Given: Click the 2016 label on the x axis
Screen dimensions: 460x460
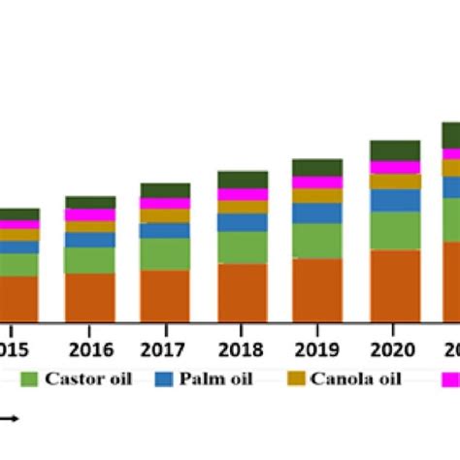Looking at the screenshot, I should [x=90, y=349].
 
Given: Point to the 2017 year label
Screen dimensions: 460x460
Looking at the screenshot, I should [x=166, y=349].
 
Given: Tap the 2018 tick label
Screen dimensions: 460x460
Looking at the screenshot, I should [x=243, y=349].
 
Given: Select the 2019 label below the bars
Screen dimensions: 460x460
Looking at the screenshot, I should [x=318, y=349].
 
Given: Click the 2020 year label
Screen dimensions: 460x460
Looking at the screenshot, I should [x=394, y=349].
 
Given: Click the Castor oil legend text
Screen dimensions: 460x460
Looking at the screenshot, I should [x=93, y=378].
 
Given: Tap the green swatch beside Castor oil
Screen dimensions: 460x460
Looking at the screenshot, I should [x=28, y=379].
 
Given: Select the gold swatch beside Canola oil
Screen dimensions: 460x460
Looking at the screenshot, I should [x=290, y=379].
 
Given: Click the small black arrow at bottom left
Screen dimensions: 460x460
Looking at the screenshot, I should [x=10, y=419].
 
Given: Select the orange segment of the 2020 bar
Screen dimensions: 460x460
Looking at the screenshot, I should [x=395, y=285].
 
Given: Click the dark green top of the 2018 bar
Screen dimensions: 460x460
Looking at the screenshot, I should [x=243, y=180].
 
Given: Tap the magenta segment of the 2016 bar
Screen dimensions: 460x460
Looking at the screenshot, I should [x=90, y=214].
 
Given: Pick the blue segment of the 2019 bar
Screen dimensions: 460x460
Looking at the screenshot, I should [x=318, y=214].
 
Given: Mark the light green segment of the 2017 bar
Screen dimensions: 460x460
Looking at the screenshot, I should [x=166, y=254].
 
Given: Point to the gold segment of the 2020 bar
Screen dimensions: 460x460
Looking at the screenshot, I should [x=395, y=181].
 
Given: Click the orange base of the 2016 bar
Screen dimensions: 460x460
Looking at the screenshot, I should [x=90, y=297].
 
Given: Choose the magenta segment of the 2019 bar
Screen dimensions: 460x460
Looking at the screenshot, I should [x=318, y=182].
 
